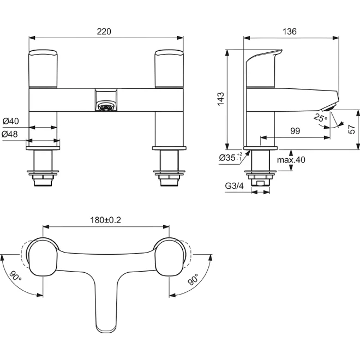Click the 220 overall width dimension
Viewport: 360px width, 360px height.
coord(104,32)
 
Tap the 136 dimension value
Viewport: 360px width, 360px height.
coord(290,32)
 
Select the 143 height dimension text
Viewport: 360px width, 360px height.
coord(221,99)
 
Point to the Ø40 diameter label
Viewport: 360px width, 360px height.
coord(11,121)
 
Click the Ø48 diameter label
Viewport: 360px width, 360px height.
coord(10,134)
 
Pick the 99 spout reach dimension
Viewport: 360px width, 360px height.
coord(295,131)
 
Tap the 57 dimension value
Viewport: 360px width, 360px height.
coord(351,129)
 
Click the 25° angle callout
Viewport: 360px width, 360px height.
coord(321,118)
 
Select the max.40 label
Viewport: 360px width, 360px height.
coord(291,160)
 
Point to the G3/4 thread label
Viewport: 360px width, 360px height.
coord(235,185)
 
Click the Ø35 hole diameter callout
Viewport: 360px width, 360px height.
coord(231,158)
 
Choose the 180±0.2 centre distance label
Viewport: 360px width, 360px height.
coord(106,220)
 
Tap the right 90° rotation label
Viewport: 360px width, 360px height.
coord(193,279)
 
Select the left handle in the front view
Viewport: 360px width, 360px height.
coord(43,69)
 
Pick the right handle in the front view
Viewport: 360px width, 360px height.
coord(169,69)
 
